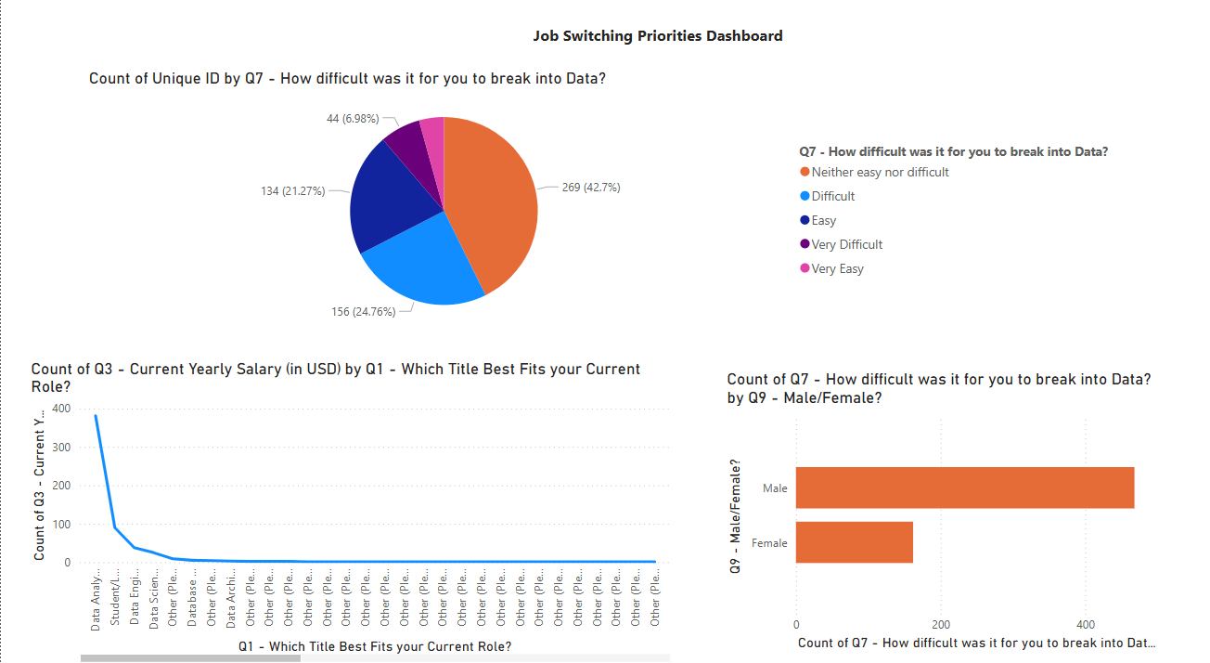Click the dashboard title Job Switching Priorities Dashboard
(657, 36)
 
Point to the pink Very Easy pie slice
(432, 133)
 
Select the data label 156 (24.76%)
(364, 311)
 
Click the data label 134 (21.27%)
(292, 191)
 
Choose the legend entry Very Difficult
(846, 245)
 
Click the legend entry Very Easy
(837, 269)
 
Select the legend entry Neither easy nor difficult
(880, 172)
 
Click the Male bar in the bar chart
(965, 487)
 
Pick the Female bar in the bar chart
(854, 542)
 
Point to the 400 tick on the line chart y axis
(62, 409)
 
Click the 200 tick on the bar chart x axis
(941, 624)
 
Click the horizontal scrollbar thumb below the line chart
(190, 658)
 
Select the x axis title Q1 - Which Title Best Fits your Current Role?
(375, 646)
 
